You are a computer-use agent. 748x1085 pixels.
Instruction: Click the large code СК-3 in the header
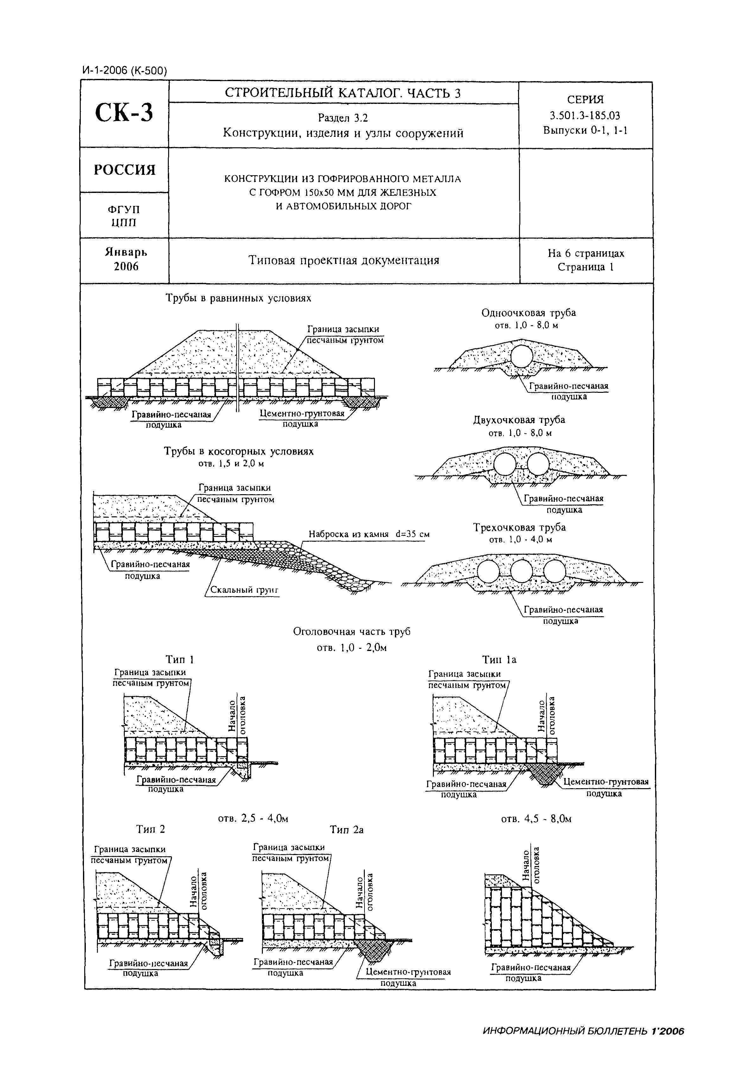124,113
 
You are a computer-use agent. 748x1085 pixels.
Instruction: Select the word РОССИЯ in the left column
124,170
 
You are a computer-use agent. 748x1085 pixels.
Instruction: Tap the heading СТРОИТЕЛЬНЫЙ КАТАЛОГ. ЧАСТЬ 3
343,93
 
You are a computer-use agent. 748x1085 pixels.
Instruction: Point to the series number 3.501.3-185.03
585,115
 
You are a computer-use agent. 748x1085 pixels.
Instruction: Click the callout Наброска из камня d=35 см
369,534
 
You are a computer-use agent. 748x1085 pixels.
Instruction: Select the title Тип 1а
500,660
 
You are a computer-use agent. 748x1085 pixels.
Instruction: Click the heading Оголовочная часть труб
352,632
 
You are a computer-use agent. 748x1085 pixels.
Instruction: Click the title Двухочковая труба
519,420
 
